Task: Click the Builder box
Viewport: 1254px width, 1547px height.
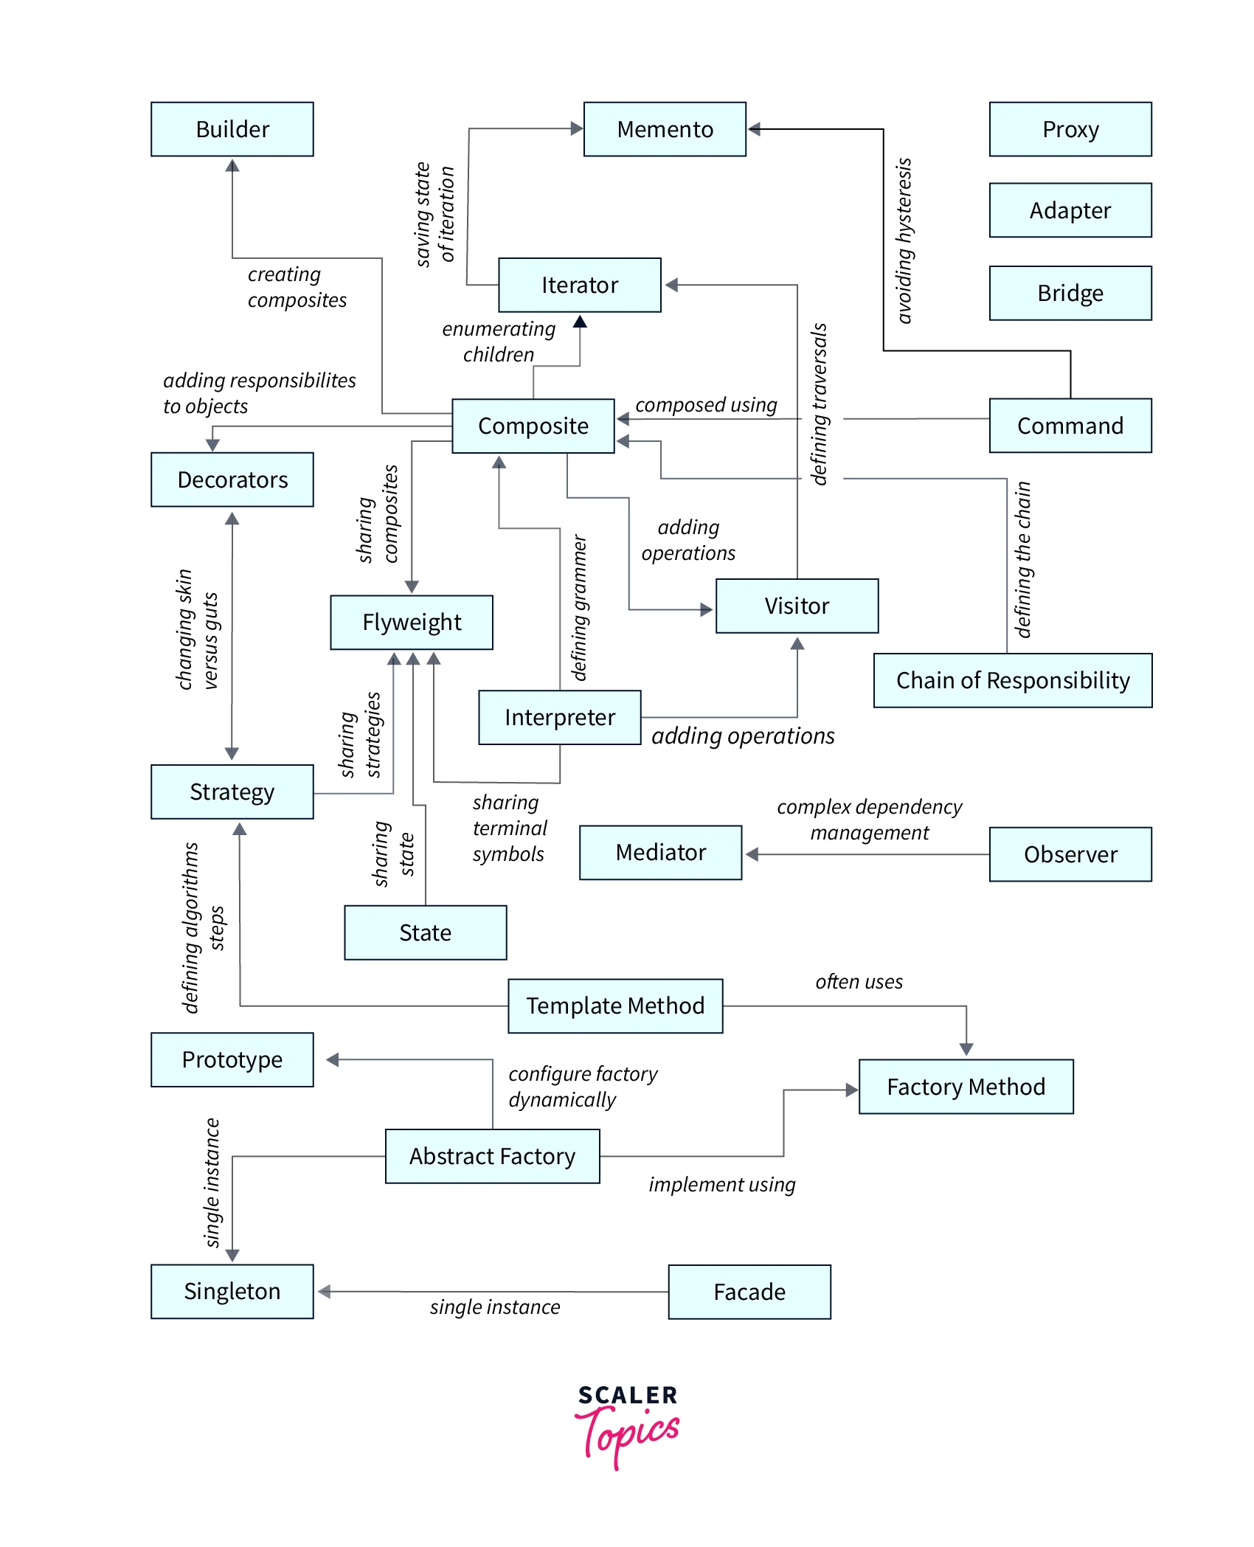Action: coord(232,129)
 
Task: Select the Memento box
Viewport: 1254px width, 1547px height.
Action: coord(665,129)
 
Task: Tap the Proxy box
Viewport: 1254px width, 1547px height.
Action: coord(1070,129)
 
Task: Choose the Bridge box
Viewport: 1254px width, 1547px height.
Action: coord(1070,293)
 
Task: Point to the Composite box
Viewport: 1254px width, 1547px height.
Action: coord(533,426)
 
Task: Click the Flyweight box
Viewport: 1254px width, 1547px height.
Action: coord(412,622)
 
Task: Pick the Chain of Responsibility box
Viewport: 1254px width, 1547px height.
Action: coord(1013,680)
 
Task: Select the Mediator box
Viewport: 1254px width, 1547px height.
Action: coord(661,852)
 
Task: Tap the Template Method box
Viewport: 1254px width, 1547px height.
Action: coord(615,1006)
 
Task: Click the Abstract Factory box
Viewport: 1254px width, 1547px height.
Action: coord(492,1156)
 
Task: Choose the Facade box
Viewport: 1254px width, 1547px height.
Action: coord(749,1292)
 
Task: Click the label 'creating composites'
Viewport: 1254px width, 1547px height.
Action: coord(297,287)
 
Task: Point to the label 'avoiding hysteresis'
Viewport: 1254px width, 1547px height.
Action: coord(904,240)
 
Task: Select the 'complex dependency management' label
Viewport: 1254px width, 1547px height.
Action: coord(870,820)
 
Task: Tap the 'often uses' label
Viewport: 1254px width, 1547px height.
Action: coord(859,982)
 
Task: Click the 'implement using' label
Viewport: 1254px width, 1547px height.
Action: coord(722,1185)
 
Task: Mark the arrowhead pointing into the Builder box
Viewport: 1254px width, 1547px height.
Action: coord(232,166)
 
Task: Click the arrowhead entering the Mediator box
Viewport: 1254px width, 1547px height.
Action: coord(752,854)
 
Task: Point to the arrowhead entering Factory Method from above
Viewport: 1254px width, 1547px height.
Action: coord(966,1049)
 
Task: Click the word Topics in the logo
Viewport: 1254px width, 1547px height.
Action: coord(631,1435)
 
